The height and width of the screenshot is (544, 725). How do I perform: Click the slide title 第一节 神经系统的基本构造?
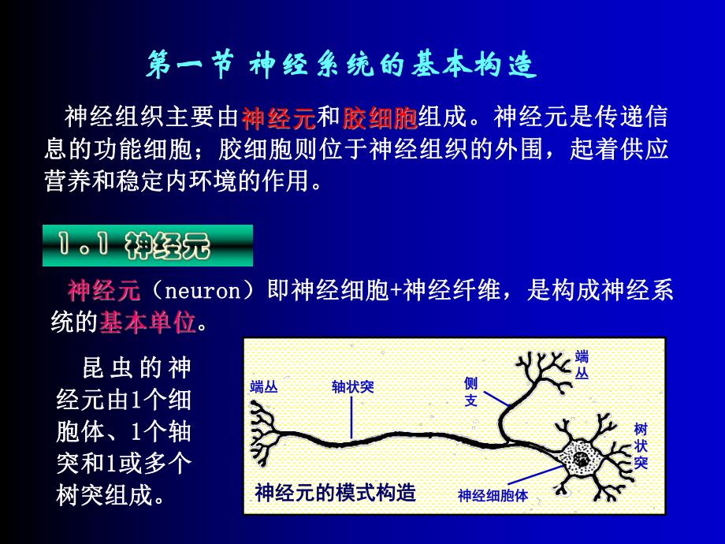[342, 67]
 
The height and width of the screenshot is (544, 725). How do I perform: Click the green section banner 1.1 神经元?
[147, 246]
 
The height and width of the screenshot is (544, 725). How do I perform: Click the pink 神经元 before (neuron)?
[104, 292]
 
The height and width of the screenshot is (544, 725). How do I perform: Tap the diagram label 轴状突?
[352, 387]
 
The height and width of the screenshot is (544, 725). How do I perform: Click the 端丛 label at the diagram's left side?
[264, 387]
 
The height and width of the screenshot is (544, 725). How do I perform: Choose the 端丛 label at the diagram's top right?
[582, 364]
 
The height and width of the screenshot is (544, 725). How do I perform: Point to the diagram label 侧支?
[471, 392]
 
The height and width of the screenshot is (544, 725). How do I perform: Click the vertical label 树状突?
[640, 445]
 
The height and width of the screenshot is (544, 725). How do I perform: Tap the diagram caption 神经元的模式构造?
[335, 494]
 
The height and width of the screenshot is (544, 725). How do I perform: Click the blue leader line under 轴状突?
[351, 415]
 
